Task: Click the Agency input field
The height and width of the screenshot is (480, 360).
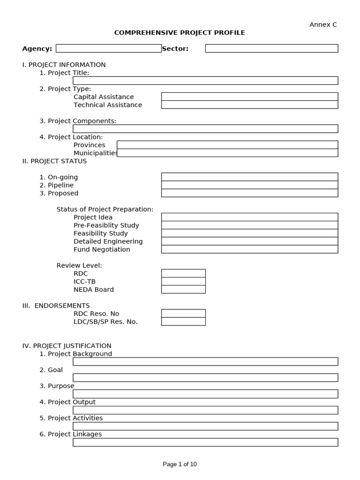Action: (x=108, y=48)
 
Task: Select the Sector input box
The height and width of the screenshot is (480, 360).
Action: (x=271, y=48)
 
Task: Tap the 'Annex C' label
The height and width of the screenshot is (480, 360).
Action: (x=323, y=24)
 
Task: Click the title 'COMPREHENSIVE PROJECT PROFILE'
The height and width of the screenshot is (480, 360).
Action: (x=180, y=33)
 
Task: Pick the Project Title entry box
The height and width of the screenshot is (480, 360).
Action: (x=205, y=81)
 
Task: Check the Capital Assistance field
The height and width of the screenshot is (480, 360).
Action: (x=249, y=97)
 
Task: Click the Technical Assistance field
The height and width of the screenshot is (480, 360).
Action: (x=249, y=105)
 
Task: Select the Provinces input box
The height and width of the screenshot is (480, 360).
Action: (x=227, y=145)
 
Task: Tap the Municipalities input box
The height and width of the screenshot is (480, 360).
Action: (x=227, y=153)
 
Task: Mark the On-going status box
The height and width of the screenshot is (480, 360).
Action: (x=249, y=177)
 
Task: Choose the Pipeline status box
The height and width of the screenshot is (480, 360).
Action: (x=249, y=185)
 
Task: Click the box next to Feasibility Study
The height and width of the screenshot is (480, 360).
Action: (x=249, y=233)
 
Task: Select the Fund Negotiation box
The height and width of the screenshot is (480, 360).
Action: (x=249, y=249)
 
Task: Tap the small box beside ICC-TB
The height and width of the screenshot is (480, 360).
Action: (x=183, y=281)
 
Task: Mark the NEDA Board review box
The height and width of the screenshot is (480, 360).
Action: (x=183, y=289)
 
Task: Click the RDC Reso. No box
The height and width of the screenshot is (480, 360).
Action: (x=183, y=314)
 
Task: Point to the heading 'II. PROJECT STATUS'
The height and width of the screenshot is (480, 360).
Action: (x=54, y=161)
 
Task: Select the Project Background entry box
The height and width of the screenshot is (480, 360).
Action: (x=205, y=361)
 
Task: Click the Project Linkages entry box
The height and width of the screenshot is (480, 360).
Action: (x=205, y=442)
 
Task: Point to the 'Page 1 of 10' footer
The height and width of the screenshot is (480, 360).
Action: (x=180, y=464)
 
